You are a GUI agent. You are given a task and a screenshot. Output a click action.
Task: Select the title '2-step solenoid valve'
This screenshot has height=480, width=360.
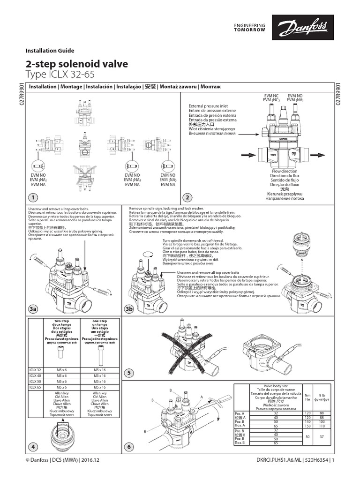[x=77, y=64]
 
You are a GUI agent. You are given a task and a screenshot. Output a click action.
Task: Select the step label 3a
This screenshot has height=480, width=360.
[x=33, y=309]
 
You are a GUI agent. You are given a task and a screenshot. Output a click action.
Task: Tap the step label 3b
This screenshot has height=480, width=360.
[x=130, y=309]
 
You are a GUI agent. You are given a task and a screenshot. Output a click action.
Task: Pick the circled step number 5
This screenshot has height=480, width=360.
[x=130, y=373]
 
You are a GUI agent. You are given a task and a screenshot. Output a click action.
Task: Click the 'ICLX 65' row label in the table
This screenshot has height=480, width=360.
[x=36, y=387]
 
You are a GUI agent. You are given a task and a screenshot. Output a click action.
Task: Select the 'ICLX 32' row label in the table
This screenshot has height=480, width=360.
[x=36, y=370]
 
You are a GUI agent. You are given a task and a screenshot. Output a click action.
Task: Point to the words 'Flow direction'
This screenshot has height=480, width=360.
[x=285, y=172]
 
